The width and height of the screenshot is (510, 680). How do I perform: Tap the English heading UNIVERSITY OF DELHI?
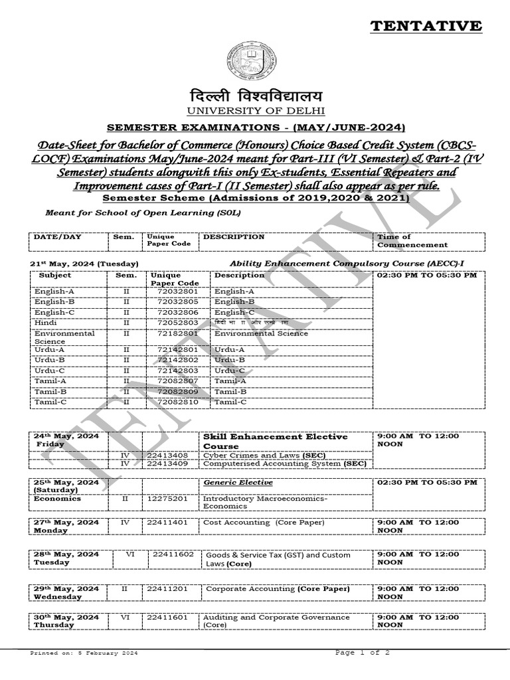254,110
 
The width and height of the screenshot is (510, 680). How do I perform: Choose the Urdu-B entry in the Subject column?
49,359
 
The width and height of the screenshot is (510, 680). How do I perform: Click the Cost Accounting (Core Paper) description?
264,523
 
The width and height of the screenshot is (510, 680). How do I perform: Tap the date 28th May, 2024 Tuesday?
66,558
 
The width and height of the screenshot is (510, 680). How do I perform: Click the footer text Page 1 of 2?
363,653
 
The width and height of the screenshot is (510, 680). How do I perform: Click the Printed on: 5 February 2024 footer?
84,653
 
